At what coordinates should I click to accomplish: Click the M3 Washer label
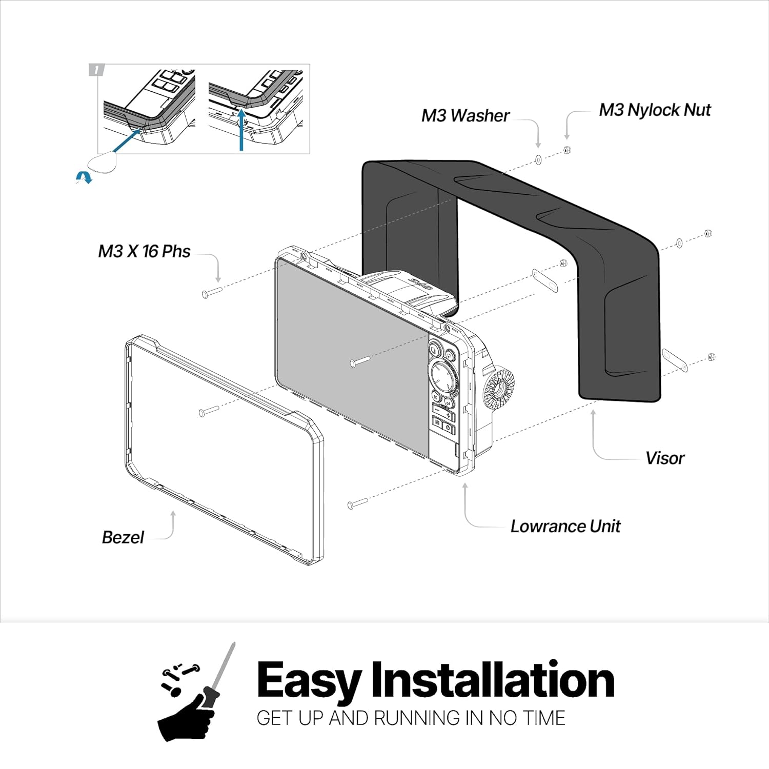(x=465, y=116)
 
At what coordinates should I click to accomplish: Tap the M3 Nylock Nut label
(x=655, y=110)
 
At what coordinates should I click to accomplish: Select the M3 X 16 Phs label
(x=144, y=252)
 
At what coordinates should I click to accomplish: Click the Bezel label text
(x=123, y=537)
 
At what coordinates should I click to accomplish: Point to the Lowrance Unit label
(x=565, y=527)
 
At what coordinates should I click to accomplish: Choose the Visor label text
(x=664, y=458)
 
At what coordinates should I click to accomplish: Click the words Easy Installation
(x=435, y=680)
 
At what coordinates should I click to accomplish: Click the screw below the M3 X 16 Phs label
(x=211, y=292)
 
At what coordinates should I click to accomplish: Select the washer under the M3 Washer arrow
(x=538, y=160)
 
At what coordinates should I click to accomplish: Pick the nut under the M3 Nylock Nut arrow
(x=567, y=150)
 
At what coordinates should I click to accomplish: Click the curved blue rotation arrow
(x=83, y=177)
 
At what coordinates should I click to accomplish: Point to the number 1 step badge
(x=96, y=70)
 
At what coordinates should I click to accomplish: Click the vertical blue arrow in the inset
(x=241, y=130)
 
